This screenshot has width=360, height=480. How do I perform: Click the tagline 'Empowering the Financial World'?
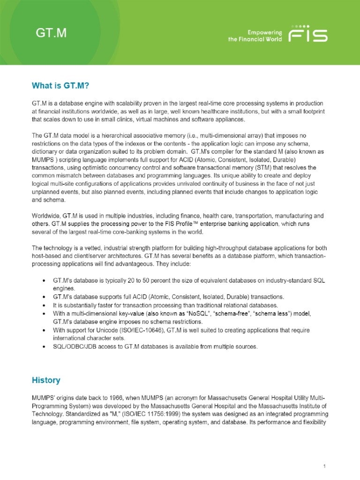pos(262,36)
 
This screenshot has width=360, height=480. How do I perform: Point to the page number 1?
pos(324,453)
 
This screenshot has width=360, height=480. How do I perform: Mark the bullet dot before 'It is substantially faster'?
pos(44,306)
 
